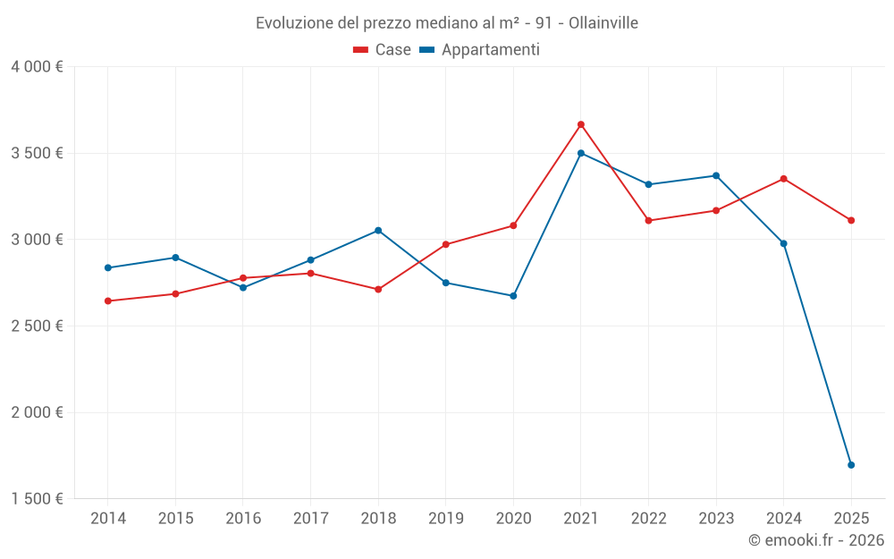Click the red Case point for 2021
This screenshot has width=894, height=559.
coord(581,124)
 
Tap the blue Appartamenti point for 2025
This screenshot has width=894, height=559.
coord(851,465)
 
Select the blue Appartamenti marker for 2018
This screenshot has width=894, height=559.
coord(378,231)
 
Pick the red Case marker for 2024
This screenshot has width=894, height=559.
coord(784,179)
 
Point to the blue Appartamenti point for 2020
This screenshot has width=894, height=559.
coord(513,296)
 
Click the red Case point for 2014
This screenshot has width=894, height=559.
coord(108,301)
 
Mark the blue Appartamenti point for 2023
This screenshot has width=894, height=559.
coord(716,175)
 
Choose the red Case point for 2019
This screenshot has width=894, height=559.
coord(446,244)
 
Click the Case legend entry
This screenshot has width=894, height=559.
coord(383,50)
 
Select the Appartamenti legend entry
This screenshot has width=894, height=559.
coord(480,50)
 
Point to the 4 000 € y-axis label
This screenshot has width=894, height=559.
coord(37,67)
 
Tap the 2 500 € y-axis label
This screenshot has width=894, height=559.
coord(37,326)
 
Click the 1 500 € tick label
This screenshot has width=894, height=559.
coord(37,499)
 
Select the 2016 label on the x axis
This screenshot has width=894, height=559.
coord(243,519)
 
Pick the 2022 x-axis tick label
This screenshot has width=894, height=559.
coord(649,519)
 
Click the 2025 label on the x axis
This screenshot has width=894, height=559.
coord(851,519)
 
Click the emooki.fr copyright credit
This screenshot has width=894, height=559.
coord(816,540)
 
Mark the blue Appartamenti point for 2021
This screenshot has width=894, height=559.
coord(581,153)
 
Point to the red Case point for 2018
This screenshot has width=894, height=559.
coord(378,290)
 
